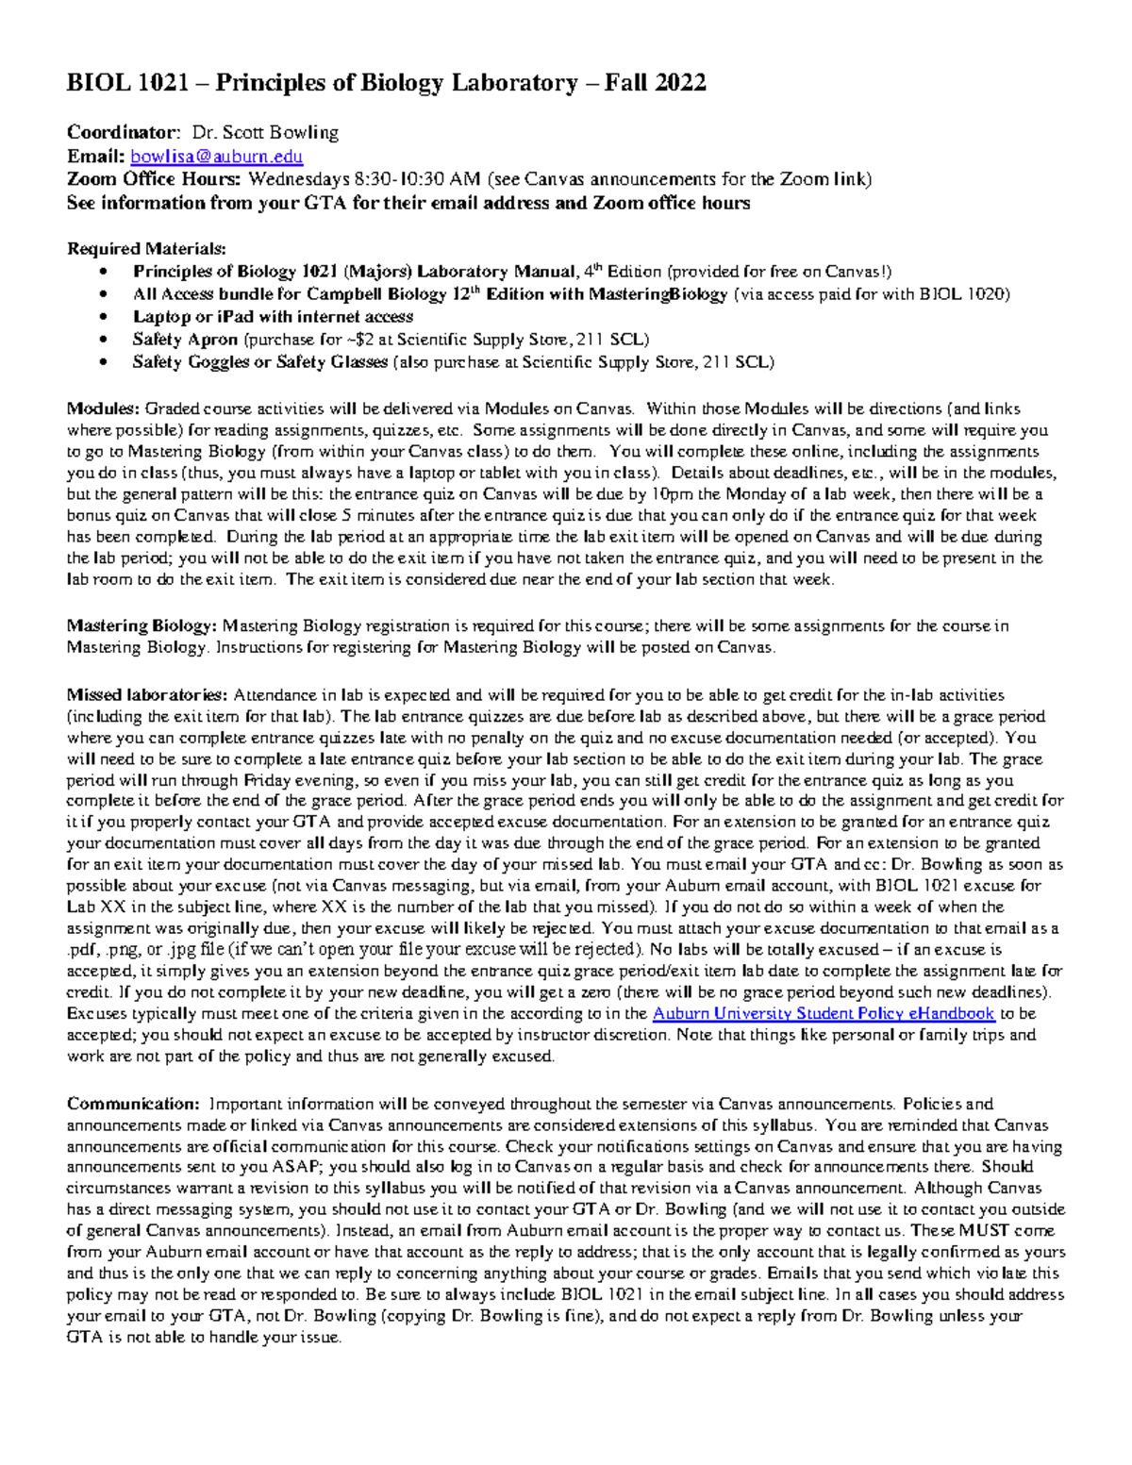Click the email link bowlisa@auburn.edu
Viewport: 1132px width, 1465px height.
click(x=216, y=157)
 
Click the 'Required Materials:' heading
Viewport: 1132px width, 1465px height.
click(x=146, y=249)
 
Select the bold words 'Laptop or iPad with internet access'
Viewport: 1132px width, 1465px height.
click(x=273, y=317)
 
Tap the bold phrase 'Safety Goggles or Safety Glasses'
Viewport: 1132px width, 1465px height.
click(x=259, y=362)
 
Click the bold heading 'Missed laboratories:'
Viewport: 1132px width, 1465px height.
click(x=147, y=695)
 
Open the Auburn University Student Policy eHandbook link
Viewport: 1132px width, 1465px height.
click(x=824, y=1014)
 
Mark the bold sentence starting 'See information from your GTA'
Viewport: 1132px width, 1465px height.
click(x=408, y=203)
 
